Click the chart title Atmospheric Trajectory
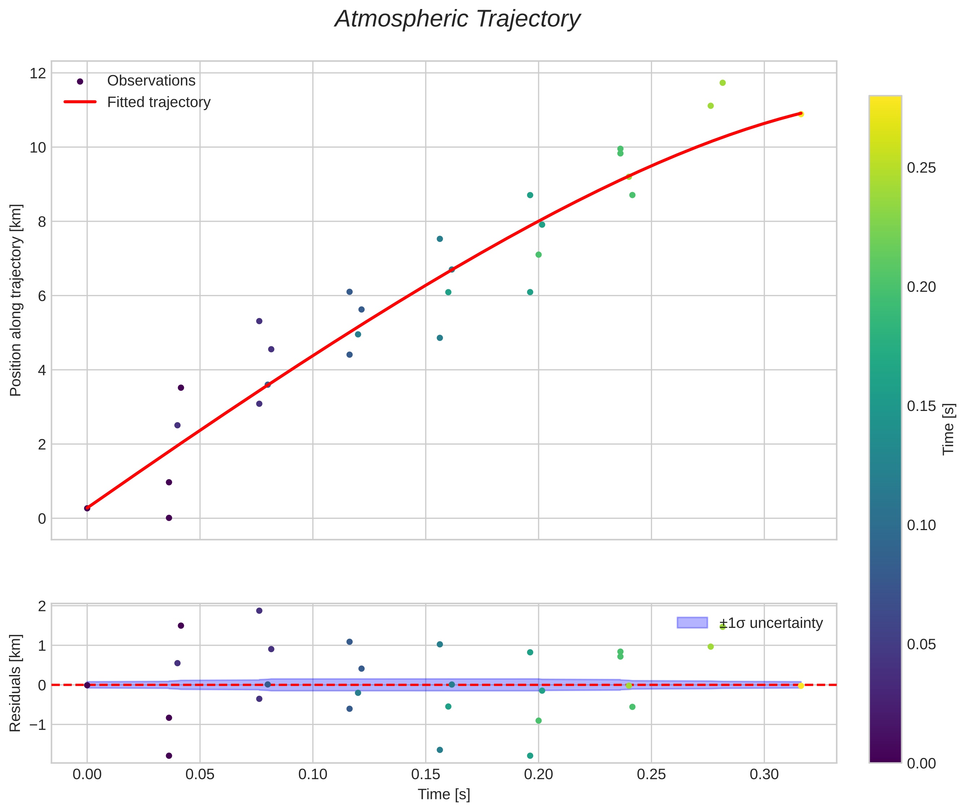point(457,19)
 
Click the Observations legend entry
point(151,81)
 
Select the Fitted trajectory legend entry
point(158,102)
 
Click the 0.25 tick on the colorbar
point(921,168)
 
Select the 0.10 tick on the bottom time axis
point(313,775)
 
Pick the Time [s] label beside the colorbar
point(948,429)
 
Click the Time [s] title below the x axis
point(444,794)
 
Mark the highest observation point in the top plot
point(722,83)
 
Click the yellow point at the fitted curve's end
point(800,114)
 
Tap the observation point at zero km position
point(169,518)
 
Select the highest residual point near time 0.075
point(259,611)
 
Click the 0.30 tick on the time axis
point(764,775)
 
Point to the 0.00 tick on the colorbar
point(921,764)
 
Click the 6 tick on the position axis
point(42,296)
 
